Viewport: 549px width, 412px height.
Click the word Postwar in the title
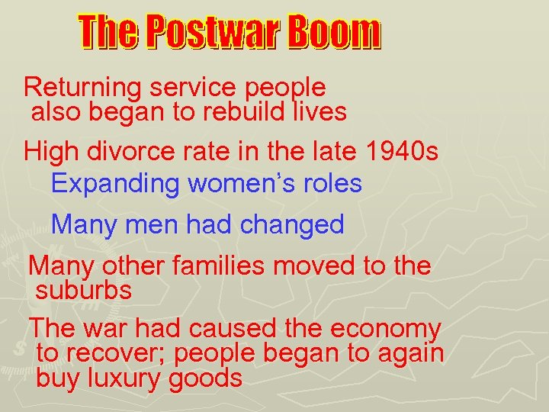(x=215, y=33)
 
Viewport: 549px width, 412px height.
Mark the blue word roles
(x=332, y=184)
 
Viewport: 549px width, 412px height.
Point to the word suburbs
(x=84, y=290)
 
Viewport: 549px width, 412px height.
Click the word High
(x=51, y=151)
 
